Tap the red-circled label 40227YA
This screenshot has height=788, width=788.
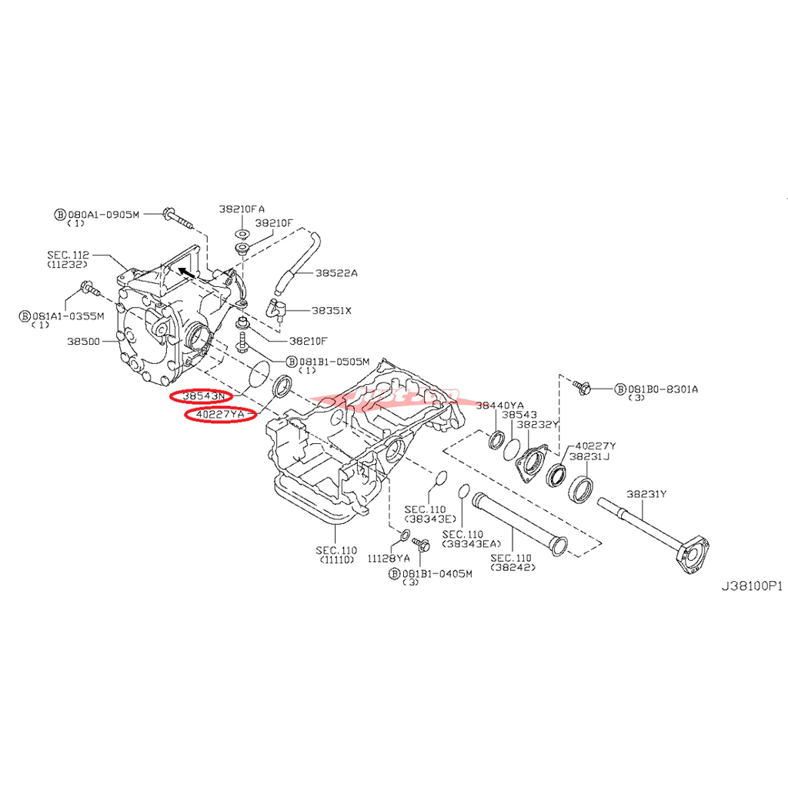point(219,416)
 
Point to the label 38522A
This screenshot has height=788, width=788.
point(336,273)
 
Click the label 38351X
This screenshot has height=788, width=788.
point(331,311)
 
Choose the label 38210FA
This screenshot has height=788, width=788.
point(242,209)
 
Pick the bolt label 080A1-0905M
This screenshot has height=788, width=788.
point(103,214)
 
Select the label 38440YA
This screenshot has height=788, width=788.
point(499,405)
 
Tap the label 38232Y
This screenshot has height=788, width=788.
point(537,424)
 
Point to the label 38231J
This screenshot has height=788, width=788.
point(589,456)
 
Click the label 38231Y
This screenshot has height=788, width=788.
point(646,495)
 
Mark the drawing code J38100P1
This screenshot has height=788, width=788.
point(751,586)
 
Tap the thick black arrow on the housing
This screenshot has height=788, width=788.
point(184,271)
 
